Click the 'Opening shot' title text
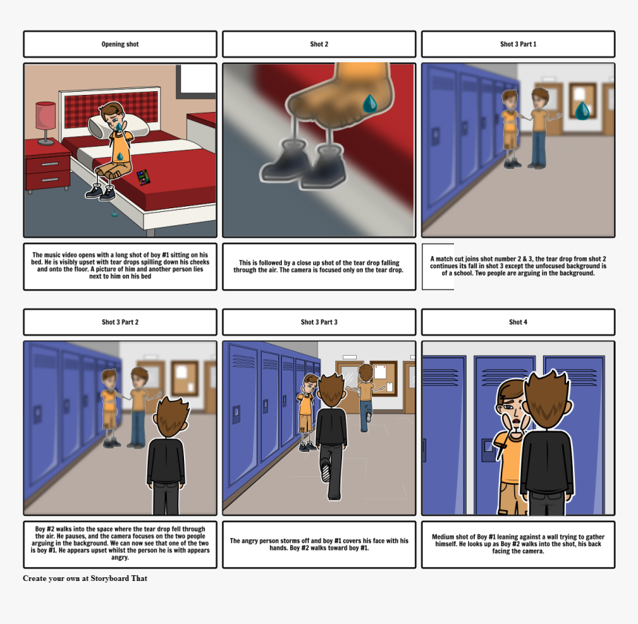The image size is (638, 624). (x=120, y=44)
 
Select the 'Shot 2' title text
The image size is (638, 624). (x=319, y=44)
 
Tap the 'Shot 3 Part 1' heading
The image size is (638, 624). (x=518, y=44)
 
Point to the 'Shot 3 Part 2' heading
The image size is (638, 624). (x=120, y=322)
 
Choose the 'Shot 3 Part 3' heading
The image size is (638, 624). (x=319, y=322)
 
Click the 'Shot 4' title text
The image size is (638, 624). (x=518, y=322)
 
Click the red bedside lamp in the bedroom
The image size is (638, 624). (x=45, y=123)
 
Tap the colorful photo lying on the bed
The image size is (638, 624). (x=143, y=178)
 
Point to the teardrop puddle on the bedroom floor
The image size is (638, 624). (x=115, y=214)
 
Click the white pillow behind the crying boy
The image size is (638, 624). (x=118, y=124)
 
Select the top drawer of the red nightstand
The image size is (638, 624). (x=48, y=165)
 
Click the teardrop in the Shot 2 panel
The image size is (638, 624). (x=369, y=103)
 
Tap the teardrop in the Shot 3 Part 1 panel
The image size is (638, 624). (x=582, y=110)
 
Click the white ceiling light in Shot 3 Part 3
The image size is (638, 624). (x=349, y=357)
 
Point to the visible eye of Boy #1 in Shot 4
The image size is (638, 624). (x=510, y=407)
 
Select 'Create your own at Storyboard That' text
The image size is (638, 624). (x=85, y=579)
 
